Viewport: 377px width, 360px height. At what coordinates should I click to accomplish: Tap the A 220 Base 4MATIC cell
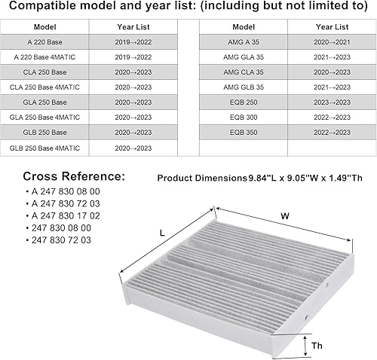44,57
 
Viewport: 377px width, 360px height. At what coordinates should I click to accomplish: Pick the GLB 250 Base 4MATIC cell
44,147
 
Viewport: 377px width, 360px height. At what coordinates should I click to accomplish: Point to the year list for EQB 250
333,102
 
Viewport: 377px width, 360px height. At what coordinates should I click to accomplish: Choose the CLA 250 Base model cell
44,72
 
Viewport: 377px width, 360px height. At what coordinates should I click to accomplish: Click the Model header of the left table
44,26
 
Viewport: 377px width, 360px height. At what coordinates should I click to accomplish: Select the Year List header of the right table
333,26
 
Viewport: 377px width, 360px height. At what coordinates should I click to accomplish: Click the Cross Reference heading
73,176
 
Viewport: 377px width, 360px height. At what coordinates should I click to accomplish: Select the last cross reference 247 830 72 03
62,239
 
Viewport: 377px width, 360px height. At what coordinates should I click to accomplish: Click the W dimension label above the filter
285,216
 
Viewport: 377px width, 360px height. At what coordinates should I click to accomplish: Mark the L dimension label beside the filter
164,234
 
